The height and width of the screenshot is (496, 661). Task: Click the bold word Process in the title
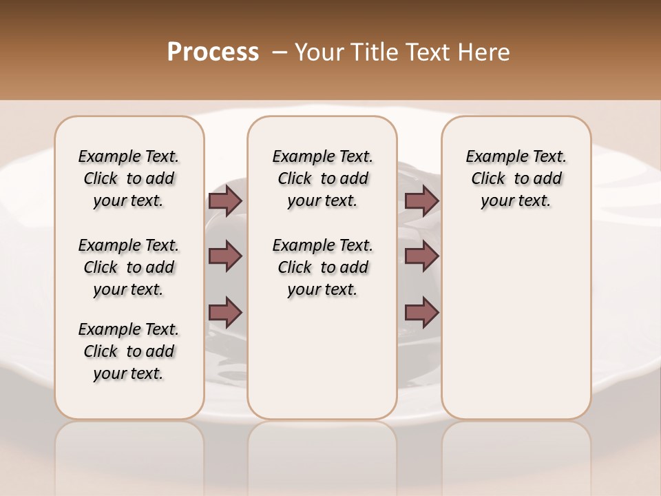point(213,52)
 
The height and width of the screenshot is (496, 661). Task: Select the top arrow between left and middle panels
point(225,200)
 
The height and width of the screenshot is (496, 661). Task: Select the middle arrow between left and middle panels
point(225,256)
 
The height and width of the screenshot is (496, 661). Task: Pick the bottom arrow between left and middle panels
point(225,312)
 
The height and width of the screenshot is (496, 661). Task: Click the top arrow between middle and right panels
point(421,200)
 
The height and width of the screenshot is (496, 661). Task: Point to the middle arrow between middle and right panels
point(421,256)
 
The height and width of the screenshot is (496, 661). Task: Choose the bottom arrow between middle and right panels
point(421,312)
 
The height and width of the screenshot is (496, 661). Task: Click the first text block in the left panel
point(129,178)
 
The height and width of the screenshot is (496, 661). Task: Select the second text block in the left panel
point(129,267)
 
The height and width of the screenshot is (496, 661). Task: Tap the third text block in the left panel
point(129,351)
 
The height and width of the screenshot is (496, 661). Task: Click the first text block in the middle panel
point(323,178)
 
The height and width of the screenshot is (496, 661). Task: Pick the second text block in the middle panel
point(323,267)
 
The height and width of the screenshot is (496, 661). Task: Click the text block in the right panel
point(516,178)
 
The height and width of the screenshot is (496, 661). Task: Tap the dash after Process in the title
point(280,52)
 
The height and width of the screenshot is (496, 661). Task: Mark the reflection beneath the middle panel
point(322,455)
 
